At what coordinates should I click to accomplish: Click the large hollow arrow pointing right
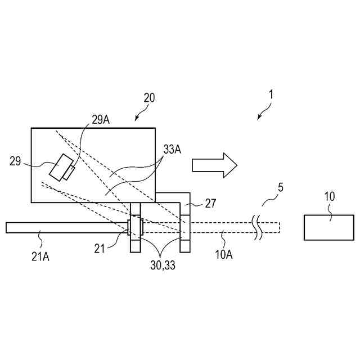[x=214, y=164]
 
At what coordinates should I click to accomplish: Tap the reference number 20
[x=148, y=98]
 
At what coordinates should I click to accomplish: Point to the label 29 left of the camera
[x=16, y=161]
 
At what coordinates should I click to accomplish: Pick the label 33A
[x=172, y=150]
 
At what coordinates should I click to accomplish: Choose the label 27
[x=210, y=204]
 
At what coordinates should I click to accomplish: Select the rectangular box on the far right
[x=329, y=227]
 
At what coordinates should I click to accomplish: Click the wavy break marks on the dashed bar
[x=258, y=227]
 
